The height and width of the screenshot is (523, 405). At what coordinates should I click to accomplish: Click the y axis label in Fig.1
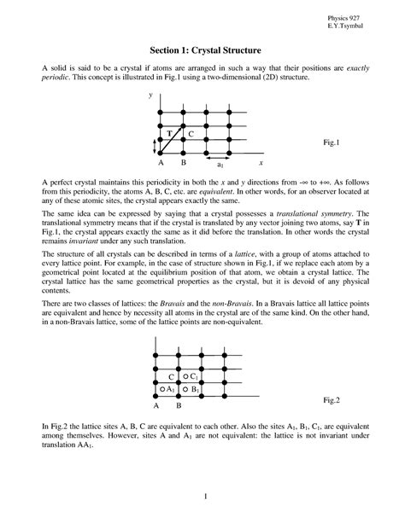(150, 96)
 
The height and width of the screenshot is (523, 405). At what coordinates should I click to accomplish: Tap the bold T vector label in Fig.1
(169, 135)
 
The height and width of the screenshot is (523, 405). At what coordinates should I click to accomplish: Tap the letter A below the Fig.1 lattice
(161, 162)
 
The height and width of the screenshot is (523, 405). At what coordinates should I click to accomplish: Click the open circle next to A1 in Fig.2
(162, 389)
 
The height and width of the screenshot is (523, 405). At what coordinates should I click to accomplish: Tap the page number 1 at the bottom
(202, 496)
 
